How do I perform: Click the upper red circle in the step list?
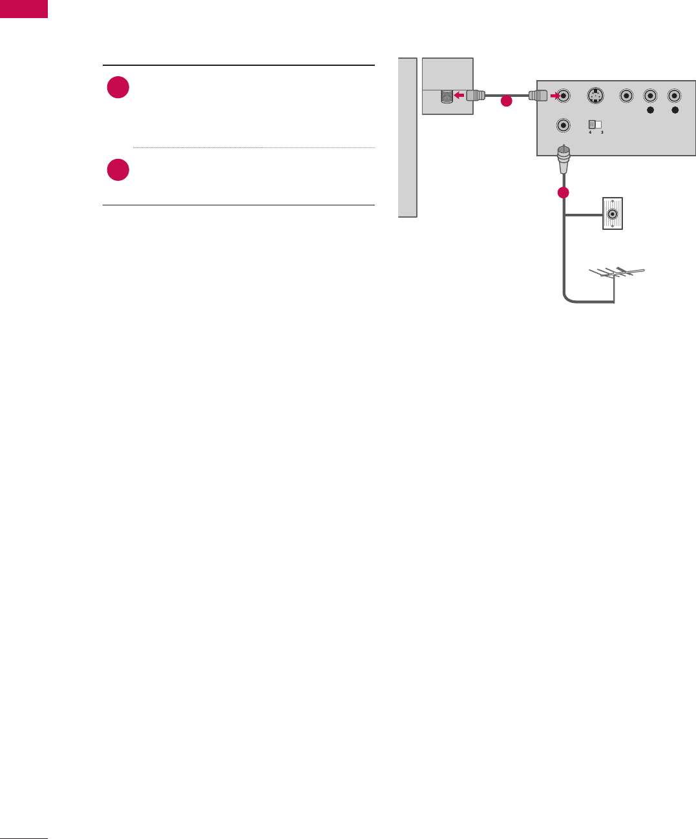[x=118, y=88]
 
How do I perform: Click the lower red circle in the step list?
[x=118, y=170]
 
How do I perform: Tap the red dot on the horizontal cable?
[x=507, y=101]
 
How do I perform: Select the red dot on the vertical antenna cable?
[x=564, y=192]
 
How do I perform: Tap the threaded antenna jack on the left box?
[x=445, y=97]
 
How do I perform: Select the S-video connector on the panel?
[x=595, y=96]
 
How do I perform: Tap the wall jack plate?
[x=612, y=213]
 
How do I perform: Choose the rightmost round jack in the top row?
[x=675, y=96]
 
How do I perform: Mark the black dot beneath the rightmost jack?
[x=675, y=111]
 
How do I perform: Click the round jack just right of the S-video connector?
[x=626, y=96]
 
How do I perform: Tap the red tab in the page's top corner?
[x=24, y=9]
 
